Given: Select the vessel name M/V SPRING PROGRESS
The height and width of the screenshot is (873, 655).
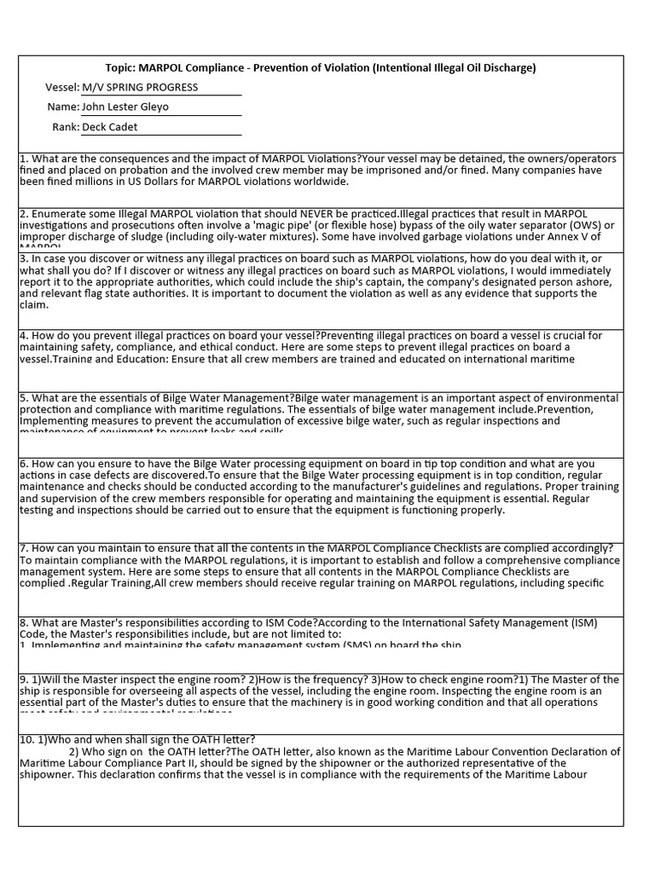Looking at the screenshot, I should [140, 87].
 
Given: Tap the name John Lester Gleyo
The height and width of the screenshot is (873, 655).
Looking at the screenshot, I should [125, 107].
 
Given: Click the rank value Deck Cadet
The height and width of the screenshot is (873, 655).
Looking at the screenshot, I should [109, 127].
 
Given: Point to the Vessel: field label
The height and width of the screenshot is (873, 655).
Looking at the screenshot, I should [61, 87].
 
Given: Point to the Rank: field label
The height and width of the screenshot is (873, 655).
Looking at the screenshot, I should [66, 127].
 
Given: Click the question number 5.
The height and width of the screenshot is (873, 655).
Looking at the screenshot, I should [24, 398].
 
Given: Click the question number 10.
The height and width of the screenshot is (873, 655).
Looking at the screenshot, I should [28, 739].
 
